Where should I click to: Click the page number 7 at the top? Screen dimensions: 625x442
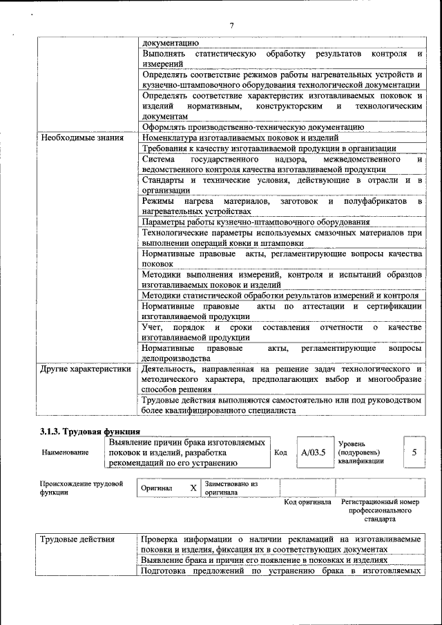tap(231, 26)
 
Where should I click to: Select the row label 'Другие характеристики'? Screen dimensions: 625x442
tap(85, 369)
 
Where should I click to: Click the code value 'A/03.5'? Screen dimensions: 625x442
tap(313, 453)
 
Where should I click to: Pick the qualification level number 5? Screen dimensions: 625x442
tap(414, 453)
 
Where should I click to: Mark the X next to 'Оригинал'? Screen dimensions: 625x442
tap(193, 488)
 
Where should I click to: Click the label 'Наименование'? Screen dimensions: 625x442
tap(65, 453)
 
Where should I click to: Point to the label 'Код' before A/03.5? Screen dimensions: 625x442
tap(280, 453)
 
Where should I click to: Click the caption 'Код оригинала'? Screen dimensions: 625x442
tap(308, 502)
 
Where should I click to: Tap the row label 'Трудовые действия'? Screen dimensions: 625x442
tap(77, 539)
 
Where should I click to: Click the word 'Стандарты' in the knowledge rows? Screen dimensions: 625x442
tap(163, 180)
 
